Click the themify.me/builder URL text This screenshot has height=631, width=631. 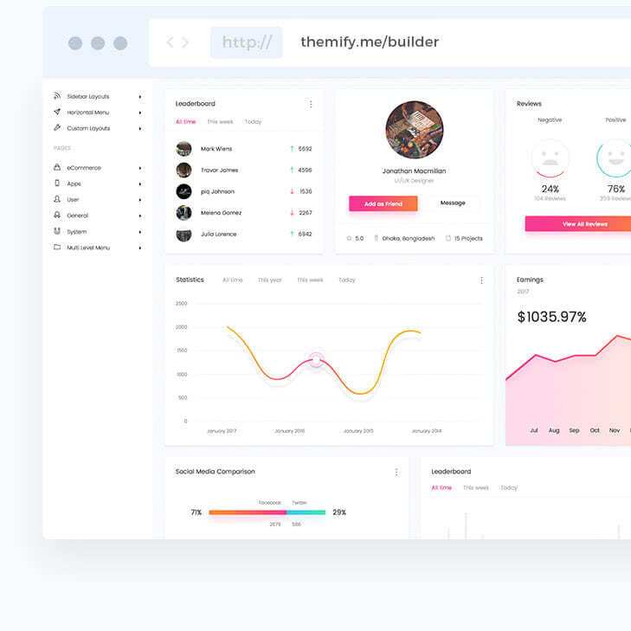pyautogui.click(x=370, y=42)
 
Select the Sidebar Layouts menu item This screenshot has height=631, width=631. pyautogui.click(x=88, y=96)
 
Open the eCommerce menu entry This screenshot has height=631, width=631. pyautogui.click(x=84, y=168)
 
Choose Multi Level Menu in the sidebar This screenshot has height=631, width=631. pyautogui.click(x=88, y=248)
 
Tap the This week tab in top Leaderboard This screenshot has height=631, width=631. pyautogui.click(x=220, y=122)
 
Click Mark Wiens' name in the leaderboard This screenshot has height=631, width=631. pyautogui.click(x=216, y=149)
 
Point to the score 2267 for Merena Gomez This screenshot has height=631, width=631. pyautogui.click(x=305, y=213)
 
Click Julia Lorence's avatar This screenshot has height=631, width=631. pyautogui.click(x=184, y=234)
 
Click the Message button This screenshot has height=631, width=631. pyautogui.click(x=453, y=203)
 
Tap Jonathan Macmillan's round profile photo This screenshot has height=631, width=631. pyautogui.click(x=415, y=130)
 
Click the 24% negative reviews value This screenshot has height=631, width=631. pyautogui.click(x=551, y=189)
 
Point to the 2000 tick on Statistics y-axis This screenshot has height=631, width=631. pyautogui.click(x=181, y=327)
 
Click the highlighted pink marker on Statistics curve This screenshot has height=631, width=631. pyautogui.click(x=316, y=360)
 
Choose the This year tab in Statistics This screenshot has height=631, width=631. pyautogui.click(x=269, y=280)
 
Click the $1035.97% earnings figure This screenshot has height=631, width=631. pyautogui.click(x=551, y=318)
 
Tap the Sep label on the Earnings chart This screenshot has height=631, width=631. pyautogui.click(x=574, y=430)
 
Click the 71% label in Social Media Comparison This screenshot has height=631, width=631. pyautogui.click(x=196, y=512)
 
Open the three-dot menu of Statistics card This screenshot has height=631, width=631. pyautogui.click(x=481, y=280)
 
